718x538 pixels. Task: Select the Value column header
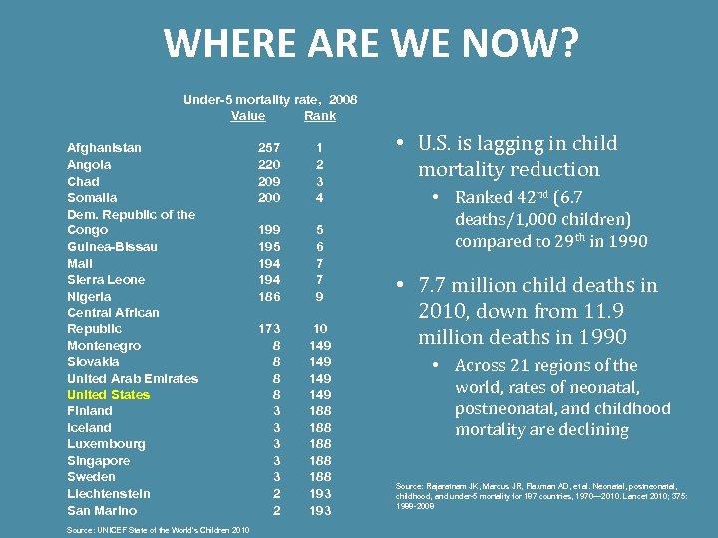click(x=248, y=116)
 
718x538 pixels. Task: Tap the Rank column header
click(x=320, y=116)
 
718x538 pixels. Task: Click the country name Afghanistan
click(x=104, y=148)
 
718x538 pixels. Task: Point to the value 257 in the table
click(x=269, y=148)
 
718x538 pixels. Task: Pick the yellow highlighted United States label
click(x=108, y=395)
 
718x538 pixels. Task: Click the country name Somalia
click(x=92, y=198)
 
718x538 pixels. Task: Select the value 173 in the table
click(x=269, y=329)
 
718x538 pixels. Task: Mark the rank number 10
click(x=320, y=329)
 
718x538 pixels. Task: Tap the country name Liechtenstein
click(x=109, y=493)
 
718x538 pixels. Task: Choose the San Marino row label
click(x=102, y=510)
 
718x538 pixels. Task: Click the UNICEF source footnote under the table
click(x=158, y=529)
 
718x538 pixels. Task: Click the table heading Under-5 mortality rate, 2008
click(x=270, y=99)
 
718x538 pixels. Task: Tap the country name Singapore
click(x=98, y=460)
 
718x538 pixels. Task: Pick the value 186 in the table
click(x=269, y=296)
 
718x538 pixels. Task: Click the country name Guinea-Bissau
click(x=112, y=247)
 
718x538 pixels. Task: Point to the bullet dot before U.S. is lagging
click(x=398, y=144)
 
